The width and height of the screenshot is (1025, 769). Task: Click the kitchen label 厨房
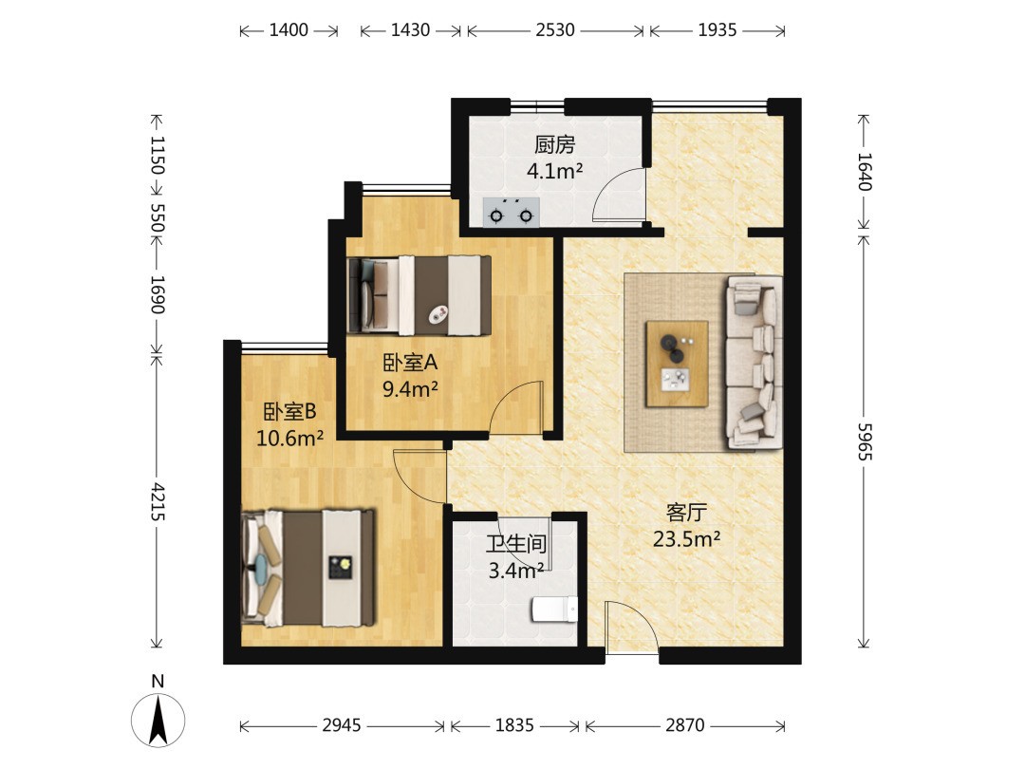pos(554,144)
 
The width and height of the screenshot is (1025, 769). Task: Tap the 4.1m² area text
pos(554,171)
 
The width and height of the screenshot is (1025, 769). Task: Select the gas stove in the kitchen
pos(512,213)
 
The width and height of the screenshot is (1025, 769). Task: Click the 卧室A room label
pos(410,363)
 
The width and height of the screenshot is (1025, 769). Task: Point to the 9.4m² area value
pos(410,390)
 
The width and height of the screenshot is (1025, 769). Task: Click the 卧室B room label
pos(289,411)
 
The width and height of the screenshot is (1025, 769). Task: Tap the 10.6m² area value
pos(289,438)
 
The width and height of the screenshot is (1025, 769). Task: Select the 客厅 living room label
pos(686,512)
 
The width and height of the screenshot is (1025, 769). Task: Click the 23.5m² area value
pos(686,539)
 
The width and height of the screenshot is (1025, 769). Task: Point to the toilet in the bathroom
pos(555,610)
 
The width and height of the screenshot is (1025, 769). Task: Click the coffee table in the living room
pos(677,364)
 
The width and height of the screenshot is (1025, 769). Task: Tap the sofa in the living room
pos(755,363)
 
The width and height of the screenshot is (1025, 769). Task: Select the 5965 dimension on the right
pos(865,441)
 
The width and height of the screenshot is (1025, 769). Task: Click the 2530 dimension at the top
pos(555,30)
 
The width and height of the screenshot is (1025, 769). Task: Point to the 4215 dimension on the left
pos(157,502)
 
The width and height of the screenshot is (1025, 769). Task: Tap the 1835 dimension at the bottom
pos(514,724)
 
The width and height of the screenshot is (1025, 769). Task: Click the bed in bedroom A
pos(419,295)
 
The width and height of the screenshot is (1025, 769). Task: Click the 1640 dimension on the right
pos(865,171)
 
